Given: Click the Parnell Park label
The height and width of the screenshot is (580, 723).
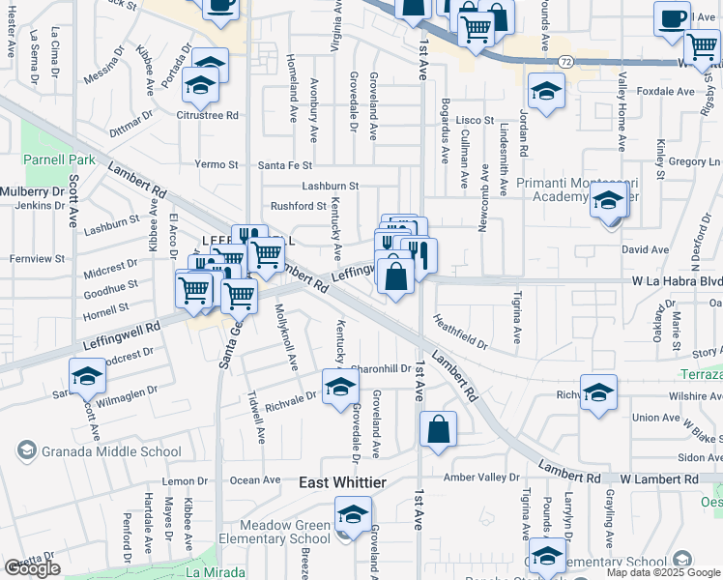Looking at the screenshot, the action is (x=59, y=159).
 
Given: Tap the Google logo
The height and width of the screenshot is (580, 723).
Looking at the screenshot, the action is (x=32, y=568).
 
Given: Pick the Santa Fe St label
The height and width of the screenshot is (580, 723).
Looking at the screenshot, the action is (x=285, y=165).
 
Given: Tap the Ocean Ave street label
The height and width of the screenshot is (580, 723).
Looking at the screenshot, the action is (x=256, y=480).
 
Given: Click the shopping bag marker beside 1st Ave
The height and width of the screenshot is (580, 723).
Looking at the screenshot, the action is (x=439, y=429).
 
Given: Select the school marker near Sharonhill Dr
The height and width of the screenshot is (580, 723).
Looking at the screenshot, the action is (x=339, y=389).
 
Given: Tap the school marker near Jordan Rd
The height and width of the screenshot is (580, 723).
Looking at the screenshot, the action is (x=546, y=92).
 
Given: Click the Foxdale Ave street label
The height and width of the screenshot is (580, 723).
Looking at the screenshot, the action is (x=668, y=92).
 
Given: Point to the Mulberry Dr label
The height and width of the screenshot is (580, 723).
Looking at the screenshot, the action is (x=31, y=191).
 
